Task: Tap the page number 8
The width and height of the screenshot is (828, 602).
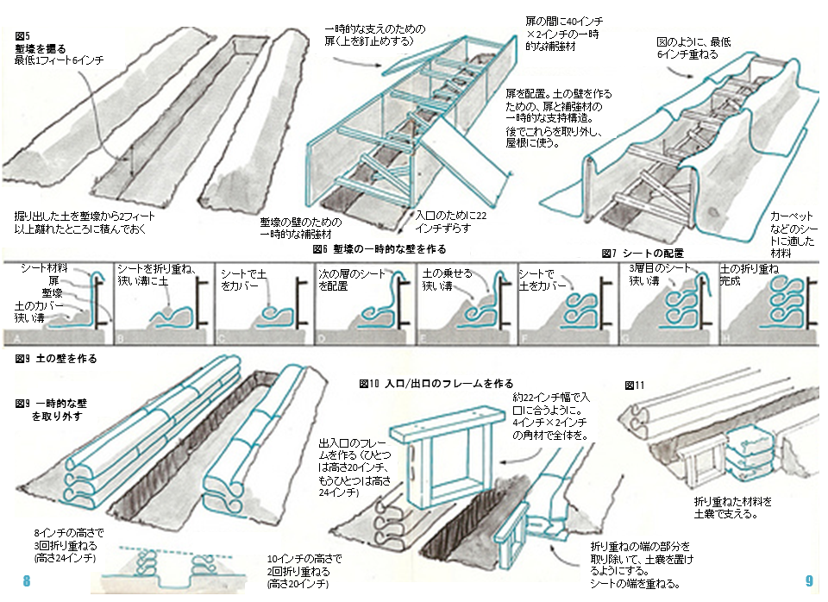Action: click(27, 581)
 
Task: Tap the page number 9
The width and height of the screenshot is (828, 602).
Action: click(808, 581)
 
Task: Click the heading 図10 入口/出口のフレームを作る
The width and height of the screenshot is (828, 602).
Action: click(436, 383)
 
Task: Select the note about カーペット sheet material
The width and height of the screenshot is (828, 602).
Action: click(792, 229)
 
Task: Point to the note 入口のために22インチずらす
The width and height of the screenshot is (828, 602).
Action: click(443, 221)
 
